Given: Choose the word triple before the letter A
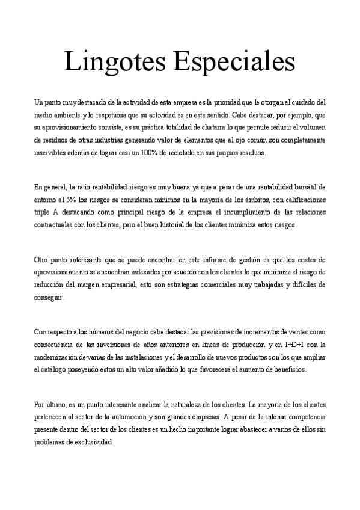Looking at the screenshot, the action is (x=43, y=212).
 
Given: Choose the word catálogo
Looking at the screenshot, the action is (x=60, y=370).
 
